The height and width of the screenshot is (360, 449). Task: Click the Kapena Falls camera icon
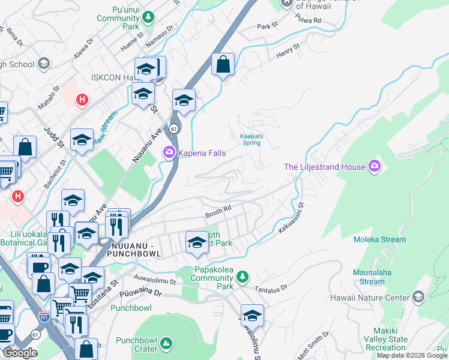pyautogui.click(x=169, y=153)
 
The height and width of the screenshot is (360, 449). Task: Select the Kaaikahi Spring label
pyautogui.click(x=252, y=139)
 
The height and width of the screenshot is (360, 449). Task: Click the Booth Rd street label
pyautogui.click(x=218, y=210)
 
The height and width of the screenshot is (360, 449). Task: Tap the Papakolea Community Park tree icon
pyautogui.click(x=242, y=277)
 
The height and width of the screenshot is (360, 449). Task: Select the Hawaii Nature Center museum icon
pyautogui.click(x=418, y=297)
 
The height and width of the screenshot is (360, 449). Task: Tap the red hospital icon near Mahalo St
pyautogui.click(x=82, y=100)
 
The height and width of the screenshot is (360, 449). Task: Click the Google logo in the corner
pyautogui.click(x=20, y=353)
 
